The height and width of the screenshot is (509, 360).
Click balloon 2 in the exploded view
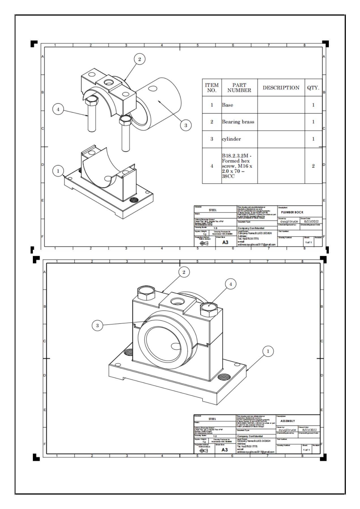pyautogui.click(x=139, y=59)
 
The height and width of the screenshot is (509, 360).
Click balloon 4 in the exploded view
pyautogui.click(x=58, y=109)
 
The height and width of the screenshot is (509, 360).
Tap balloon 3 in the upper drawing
pyautogui.click(x=186, y=125)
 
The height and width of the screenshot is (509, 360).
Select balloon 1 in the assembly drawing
pyautogui.click(x=268, y=351)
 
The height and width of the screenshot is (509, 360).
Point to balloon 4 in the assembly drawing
pyautogui.click(x=230, y=284)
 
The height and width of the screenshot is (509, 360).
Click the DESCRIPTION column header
pyautogui.click(x=281, y=88)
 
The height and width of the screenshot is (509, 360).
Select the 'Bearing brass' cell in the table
pyautogui.click(x=238, y=122)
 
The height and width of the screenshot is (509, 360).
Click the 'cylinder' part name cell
pyautogui.click(x=231, y=139)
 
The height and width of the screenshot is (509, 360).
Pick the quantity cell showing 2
pyautogui.click(x=313, y=166)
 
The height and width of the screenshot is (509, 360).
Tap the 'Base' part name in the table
pyautogui.click(x=227, y=105)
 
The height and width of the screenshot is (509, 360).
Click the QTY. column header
pyautogui.click(x=313, y=88)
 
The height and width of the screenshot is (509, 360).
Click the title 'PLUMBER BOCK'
pyautogui.click(x=292, y=212)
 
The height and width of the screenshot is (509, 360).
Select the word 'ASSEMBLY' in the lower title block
pyautogui.click(x=287, y=421)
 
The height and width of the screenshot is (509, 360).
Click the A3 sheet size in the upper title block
pyautogui.click(x=225, y=242)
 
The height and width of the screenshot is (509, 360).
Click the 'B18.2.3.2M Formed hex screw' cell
pyautogui.click(x=237, y=166)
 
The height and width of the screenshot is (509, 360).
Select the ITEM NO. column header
pyautogui.click(x=212, y=88)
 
